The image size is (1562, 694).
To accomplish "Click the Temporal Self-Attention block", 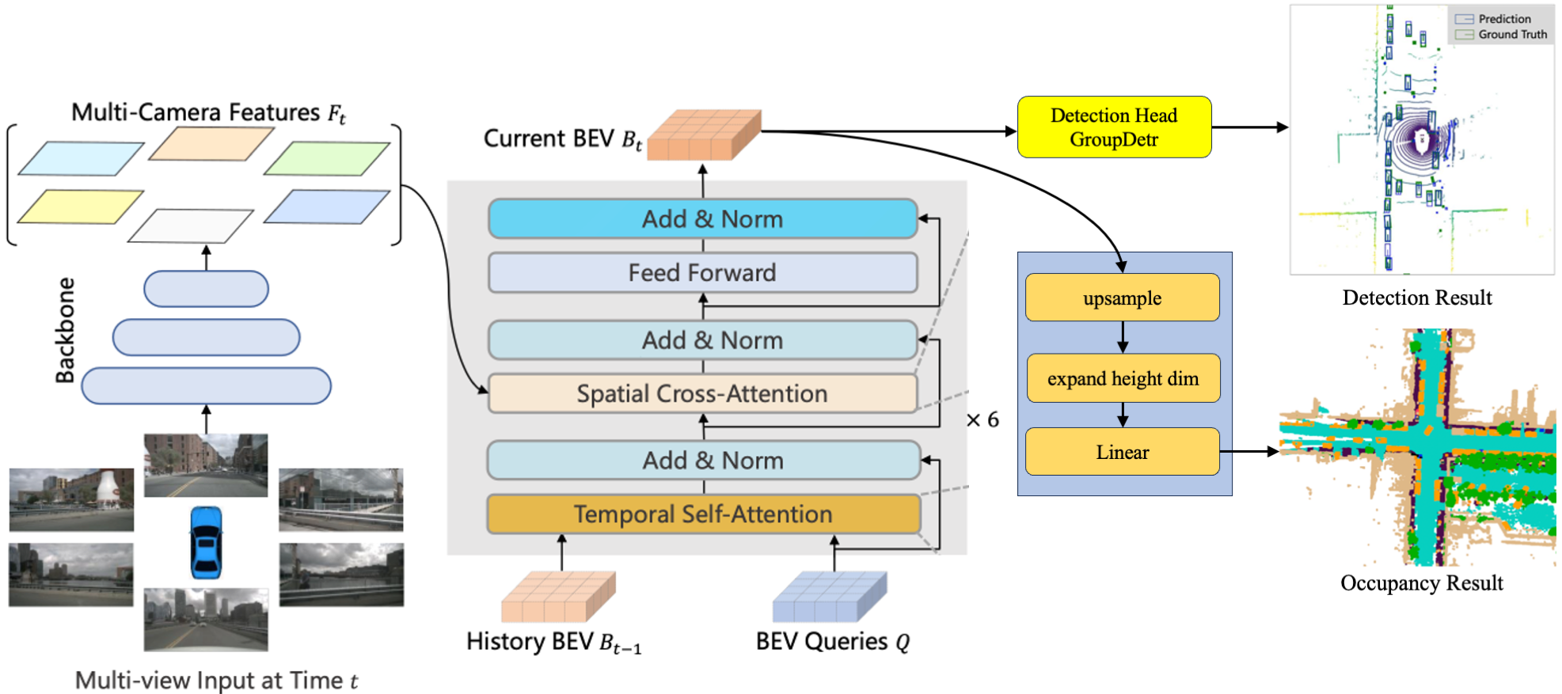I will click(703, 514).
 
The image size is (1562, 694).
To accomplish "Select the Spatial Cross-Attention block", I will click(703, 393).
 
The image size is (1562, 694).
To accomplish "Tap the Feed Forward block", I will click(703, 273).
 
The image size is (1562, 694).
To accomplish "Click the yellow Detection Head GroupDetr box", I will click(1114, 127).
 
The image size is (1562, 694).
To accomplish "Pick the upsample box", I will click(1122, 298).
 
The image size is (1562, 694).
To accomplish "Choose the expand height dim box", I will click(1123, 378).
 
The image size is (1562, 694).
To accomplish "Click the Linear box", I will click(1122, 452).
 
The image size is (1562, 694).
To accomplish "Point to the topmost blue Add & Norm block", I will click(703, 218).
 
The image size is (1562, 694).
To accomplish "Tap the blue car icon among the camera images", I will click(206, 543).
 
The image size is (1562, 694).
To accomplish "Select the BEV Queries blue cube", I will click(830, 597).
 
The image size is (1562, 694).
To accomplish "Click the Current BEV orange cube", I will click(704, 135).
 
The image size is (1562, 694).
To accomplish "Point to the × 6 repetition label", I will click(982, 419).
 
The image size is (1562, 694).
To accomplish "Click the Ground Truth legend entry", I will click(1503, 35).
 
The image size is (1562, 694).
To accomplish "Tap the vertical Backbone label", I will click(65, 330).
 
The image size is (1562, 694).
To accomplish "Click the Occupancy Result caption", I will click(1421, 583).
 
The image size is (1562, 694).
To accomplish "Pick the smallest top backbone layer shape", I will click(206, 289).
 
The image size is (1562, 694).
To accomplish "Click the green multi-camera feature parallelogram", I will click(327, 158).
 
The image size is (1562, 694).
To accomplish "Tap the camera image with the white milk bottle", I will click(71, 499).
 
